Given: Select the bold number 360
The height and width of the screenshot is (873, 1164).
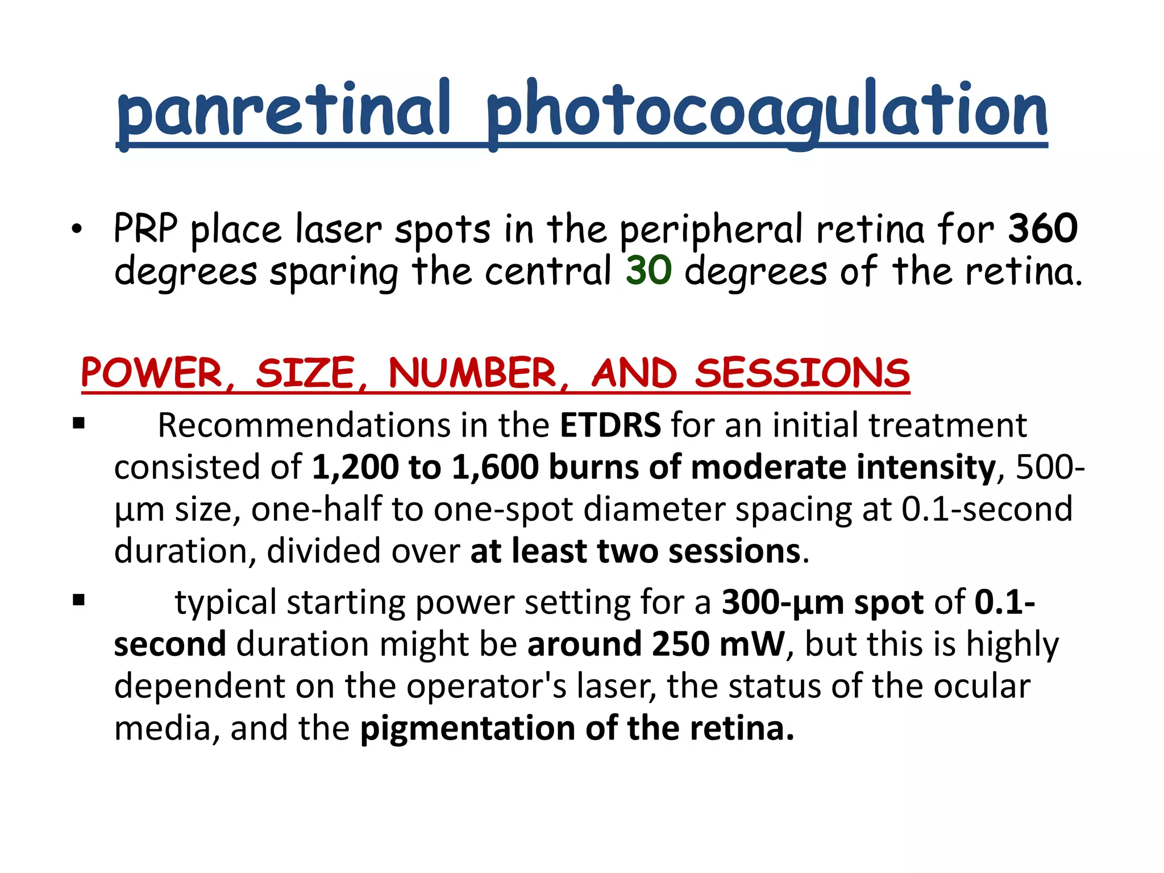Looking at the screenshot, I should (x=1042, y=228).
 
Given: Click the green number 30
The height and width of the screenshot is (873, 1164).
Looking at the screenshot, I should (x=648, y=271).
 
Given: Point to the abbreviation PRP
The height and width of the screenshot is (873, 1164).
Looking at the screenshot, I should (x=145, y=228).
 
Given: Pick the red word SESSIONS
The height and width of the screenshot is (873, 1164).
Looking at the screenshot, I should (x=803, y=374).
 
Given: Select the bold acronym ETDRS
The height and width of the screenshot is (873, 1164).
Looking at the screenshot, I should (x=610, y=425).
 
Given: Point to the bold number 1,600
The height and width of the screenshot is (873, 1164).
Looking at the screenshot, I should (x=495, y=467).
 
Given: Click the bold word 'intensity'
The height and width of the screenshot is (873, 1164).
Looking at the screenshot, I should (x=926, y=467).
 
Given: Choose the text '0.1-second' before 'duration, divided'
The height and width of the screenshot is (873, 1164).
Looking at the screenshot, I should (x=987, y=509).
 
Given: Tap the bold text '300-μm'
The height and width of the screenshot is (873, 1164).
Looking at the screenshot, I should (x=783, y=602).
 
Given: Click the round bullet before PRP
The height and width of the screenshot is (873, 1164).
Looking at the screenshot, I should (x=77, y=230).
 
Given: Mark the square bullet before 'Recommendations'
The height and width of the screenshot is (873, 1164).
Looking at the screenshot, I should (x=79, y=423).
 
